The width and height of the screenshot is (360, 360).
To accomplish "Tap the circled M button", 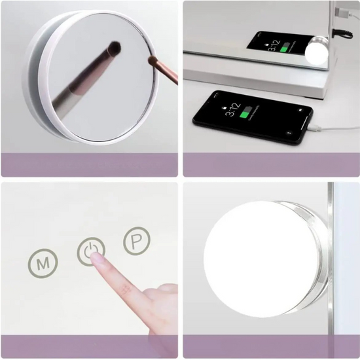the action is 43,263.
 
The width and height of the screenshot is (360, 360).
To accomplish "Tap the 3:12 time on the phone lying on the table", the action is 232,110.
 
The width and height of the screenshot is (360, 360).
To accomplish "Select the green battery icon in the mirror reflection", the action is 285,47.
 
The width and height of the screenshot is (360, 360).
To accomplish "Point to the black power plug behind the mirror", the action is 342,34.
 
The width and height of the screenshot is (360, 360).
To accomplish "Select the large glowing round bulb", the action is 261,259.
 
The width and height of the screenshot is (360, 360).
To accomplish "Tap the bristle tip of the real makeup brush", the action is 153,60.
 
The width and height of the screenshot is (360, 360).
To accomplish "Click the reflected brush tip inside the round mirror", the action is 114,48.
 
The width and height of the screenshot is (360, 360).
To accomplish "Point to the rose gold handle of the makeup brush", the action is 167,71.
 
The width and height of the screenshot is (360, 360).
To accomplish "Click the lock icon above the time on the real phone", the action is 225,107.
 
